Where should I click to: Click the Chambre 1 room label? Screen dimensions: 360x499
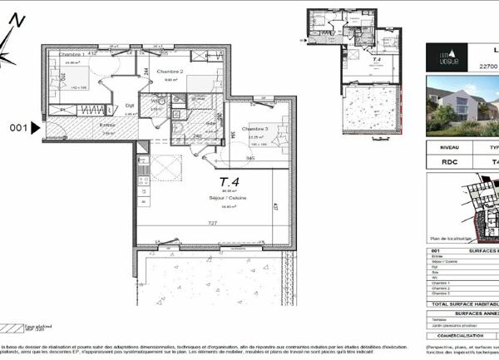pyautogui.click(x=57, y=55)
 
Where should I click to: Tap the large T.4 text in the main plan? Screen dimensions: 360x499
pyautogui.click(x=230, y=181)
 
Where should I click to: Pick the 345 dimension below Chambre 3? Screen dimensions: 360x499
pyautogui.click(x=250, y=157)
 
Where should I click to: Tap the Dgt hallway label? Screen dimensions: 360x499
pyautogui.click(x=130, y=106)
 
